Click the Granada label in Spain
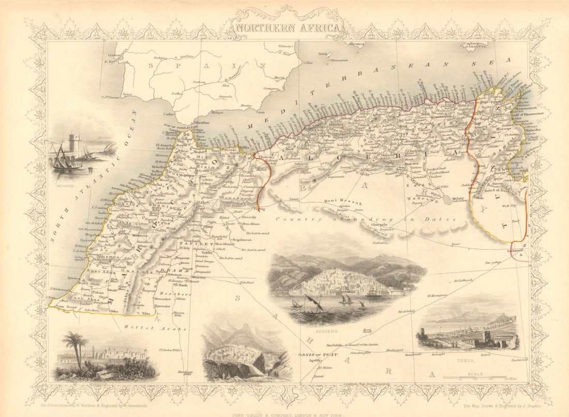point(225,96)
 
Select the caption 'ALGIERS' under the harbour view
point(328,329)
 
